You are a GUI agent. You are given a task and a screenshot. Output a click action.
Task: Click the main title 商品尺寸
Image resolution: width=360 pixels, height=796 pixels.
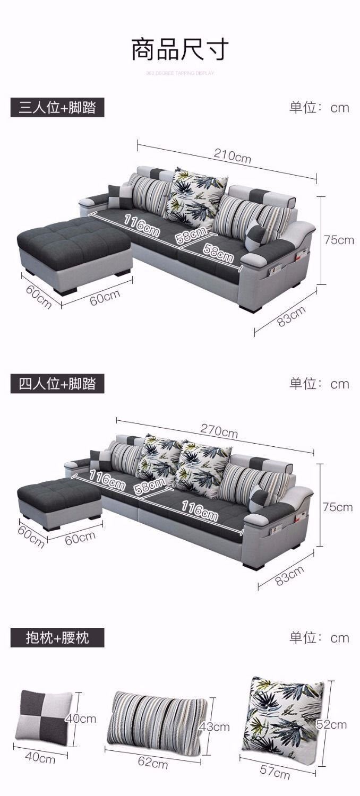(180, 49)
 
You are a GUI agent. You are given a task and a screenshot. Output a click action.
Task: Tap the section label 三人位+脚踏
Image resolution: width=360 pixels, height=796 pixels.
(57, 108)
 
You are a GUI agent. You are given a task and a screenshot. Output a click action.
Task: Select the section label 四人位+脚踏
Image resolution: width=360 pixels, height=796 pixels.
(57, 384)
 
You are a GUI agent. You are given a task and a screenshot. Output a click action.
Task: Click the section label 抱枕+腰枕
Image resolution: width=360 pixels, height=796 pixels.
(57, 637)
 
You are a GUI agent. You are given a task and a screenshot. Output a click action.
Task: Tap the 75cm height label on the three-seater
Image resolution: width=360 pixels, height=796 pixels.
(339, 240)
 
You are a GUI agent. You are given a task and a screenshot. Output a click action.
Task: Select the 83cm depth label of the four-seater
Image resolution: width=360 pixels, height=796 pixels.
(289, 575)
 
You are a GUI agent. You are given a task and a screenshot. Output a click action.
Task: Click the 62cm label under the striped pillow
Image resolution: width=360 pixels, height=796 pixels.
(153, 763)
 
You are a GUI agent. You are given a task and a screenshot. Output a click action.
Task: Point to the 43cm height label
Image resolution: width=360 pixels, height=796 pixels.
(214, 726)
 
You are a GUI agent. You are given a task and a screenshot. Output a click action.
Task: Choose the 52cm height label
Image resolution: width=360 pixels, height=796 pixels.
(331, 724)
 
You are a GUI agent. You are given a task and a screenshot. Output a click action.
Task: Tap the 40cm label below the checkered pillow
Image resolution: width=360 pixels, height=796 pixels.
(40, 759)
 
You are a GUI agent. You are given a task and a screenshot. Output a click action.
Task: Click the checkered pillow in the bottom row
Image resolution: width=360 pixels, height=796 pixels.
(45, 719)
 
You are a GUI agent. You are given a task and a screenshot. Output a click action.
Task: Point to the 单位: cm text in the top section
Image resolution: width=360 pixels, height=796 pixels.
(319, 108)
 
